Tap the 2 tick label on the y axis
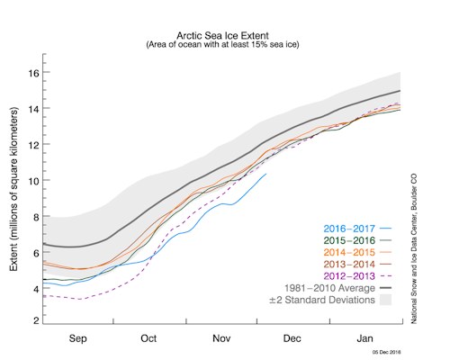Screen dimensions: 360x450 (x=36, y=320)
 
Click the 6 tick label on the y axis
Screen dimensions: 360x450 (x=36, y=251)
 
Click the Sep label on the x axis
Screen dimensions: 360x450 (x=77, y=339)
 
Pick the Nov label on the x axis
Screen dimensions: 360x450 (x=220, y=339)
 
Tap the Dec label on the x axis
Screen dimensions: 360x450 (x=292, y=339)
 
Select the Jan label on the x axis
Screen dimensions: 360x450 (x=364, y=339)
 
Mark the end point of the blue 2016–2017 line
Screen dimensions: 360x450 (x=266, y=174)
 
